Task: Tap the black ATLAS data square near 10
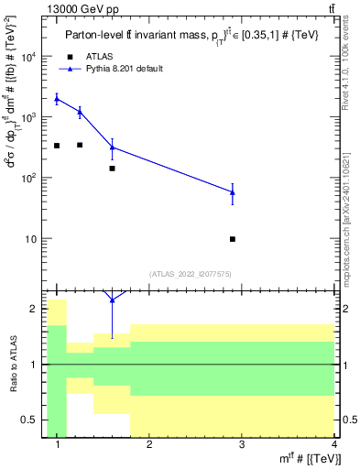coord(233,239)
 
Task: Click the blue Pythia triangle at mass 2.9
coord(233,192)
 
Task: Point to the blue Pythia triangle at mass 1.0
coord(57,98)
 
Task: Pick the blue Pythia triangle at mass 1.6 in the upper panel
coord(112,147)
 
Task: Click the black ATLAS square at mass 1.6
coord(112,169)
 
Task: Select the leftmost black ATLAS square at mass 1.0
coord(57,146)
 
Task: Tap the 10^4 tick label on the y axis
coord(28,57)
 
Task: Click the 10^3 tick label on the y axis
coord(28,117)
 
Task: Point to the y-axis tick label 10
coord(31,239)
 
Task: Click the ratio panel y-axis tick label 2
coord(35,310)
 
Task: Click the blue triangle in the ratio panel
coord(112,300)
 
